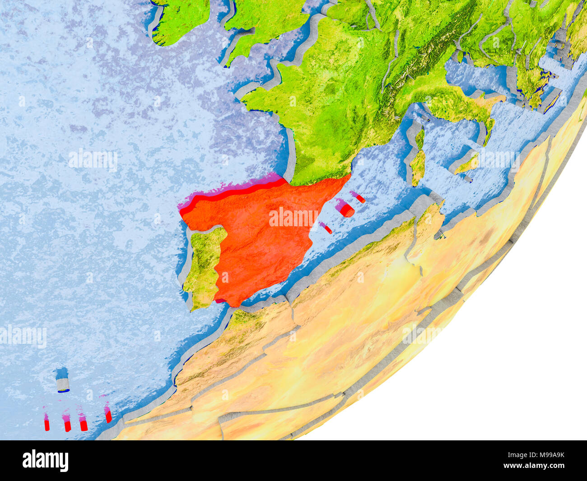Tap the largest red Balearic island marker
click(346, 209)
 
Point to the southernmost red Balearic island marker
click(326, 228)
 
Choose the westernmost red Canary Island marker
click(47, 423)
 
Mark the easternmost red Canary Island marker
click(108, 415)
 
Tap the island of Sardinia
click(418, 167)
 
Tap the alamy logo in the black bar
click(45, 460)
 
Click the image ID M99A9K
click(540, 455)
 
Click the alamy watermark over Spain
click(293, 217)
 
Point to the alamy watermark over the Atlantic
click(93, 160)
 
